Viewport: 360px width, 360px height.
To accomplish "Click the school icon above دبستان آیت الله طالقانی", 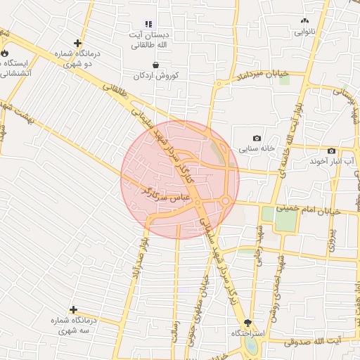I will pos(148,24).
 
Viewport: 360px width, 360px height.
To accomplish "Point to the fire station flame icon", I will pos(5,52).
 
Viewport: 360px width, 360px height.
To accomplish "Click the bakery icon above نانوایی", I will pos(304,21).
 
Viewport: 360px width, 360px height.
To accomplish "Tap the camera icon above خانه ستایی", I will pos(257,138).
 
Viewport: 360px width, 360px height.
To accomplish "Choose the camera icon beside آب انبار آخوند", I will pos(331,151).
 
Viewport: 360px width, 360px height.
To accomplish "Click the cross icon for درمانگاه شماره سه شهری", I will pos(73,309).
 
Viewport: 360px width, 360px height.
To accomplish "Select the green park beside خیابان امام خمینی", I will pos(285,219).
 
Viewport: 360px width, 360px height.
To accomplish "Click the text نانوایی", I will pos(304,32).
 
